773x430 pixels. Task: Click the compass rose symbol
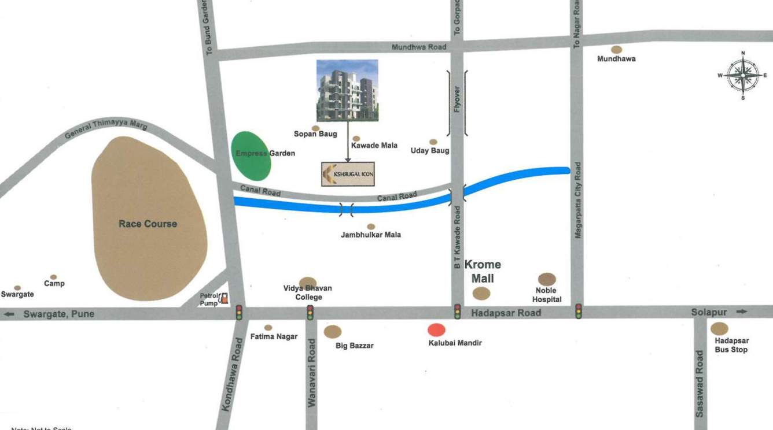[743, 76]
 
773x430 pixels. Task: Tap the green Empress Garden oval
[251, 155]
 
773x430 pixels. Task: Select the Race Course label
[148, 224]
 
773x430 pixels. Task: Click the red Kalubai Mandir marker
[436, 330]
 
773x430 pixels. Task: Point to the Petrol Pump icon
[224, 298]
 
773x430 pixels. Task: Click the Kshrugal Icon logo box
[348, 174]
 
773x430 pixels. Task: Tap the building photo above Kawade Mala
[347, 90]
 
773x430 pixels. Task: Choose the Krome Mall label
[483, 271]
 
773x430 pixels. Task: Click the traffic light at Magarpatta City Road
[578, 312]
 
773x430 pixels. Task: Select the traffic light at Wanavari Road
[310, 313]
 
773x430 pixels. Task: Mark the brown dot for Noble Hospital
[547, 279]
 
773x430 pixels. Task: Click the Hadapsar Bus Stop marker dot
[719, 328]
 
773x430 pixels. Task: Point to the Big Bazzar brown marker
[332, 331]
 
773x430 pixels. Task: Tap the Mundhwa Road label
[419, 47]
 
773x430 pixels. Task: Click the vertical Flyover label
[457, 99]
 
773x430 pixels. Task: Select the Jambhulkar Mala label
[371, 235]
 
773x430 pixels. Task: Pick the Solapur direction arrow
[742, 312]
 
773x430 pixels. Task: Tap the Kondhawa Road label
[229, 382]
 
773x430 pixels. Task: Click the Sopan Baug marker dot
[315, 128]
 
